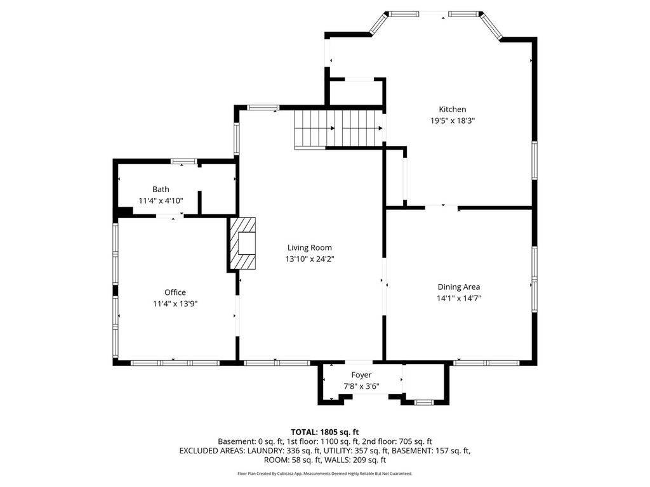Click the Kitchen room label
(x=452, y=109)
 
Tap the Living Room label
(x=310, y=248)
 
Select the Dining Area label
(x=459, y=287)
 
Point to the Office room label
(x=175, y=292)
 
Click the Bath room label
(x=161, y=189)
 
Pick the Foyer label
(x=361, y=375)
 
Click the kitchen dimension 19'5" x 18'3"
(x=452, y=121)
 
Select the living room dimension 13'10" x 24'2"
(x=310, y=259)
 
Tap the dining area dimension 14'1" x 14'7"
(x=459, y=298)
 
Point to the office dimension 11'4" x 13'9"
(x=175, y=304)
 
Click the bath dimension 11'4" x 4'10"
(x=161, y=201)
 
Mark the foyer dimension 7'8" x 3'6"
(x=361, y=387)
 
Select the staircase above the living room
(x=339, y=128)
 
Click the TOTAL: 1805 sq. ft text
(x=324, y=432)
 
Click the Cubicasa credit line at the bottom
(x=324, y=473)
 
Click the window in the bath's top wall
(x=184, y=162)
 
